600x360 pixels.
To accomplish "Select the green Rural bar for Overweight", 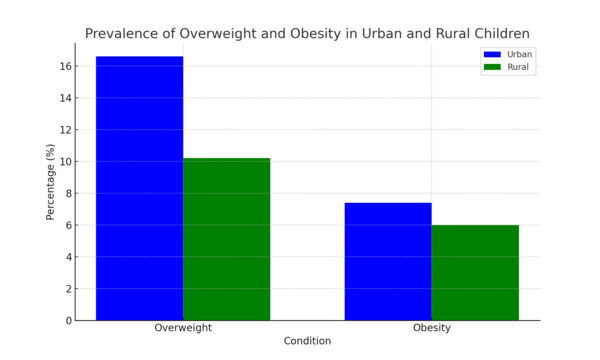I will point(226,239).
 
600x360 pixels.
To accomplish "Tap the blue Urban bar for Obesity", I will point(388,261).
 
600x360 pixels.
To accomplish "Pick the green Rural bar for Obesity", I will point(475,272).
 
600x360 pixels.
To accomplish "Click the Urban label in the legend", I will point(520,54).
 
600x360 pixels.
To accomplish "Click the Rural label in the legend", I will point(519,67).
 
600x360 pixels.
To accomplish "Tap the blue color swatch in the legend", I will point(492,54).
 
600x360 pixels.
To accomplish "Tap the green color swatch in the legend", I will point(492,67).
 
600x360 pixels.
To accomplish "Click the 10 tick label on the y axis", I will point(65,161).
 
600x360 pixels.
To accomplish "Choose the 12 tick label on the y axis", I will point(65,130).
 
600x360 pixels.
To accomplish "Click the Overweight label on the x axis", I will point(183,328).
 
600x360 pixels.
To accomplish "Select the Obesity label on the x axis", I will point(431,328).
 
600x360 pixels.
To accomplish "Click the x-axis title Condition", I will point(307,341).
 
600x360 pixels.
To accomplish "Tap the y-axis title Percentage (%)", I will point(50,182).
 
